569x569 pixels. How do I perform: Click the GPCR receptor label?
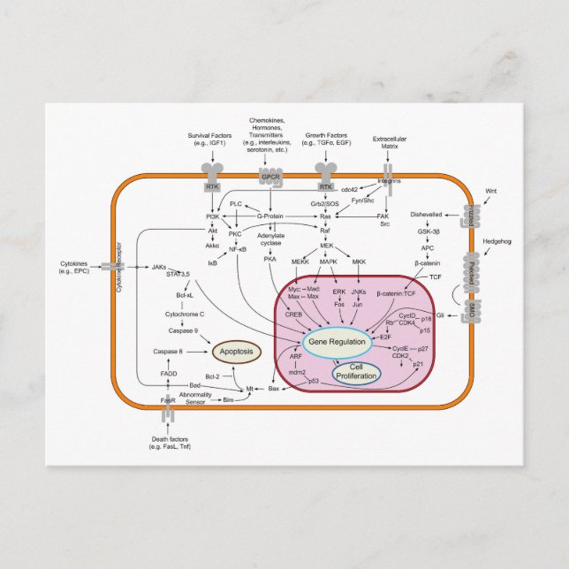point(270,187)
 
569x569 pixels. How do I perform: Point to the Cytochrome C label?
point(186,314)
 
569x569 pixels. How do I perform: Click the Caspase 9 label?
point(183,331)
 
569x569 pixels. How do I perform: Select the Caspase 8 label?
point(168,352)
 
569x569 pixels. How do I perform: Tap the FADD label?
point(168,374)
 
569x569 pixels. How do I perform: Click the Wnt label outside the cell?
point(491,191)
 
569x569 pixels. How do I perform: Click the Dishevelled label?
point(428,215)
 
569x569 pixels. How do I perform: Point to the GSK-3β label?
point(429,231)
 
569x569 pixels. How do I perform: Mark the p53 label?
point(314,381)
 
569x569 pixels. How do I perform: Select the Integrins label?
point(389,181)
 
